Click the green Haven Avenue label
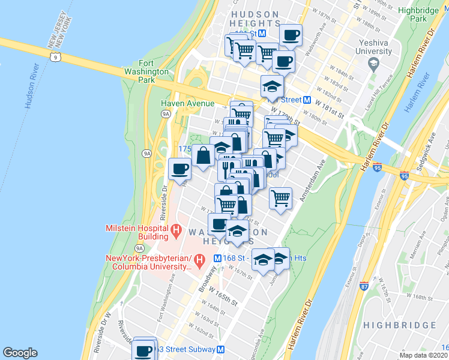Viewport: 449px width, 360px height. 187,104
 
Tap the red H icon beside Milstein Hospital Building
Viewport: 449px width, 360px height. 176,229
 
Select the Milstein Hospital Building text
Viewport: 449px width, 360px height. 137,232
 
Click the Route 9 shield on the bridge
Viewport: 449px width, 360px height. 56,57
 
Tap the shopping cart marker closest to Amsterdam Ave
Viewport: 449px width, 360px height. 280,197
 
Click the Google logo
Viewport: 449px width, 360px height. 20,353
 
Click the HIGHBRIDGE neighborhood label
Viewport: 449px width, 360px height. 399,325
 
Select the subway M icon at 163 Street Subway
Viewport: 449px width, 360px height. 221,350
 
